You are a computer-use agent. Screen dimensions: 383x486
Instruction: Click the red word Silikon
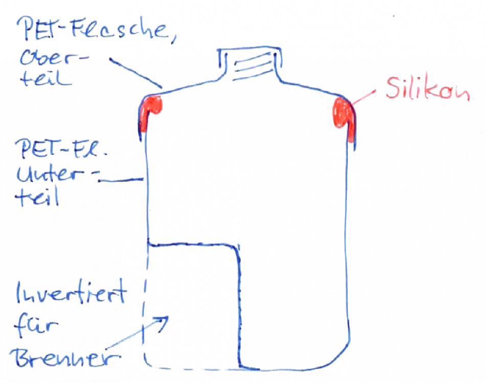point(428,91)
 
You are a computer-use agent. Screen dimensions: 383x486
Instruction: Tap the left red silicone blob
point(149,112)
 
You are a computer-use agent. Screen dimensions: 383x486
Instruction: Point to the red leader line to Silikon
point(364,97)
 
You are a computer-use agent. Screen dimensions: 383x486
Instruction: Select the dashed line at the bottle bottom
point(194,368)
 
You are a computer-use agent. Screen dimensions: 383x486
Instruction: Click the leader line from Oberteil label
point(136,75)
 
